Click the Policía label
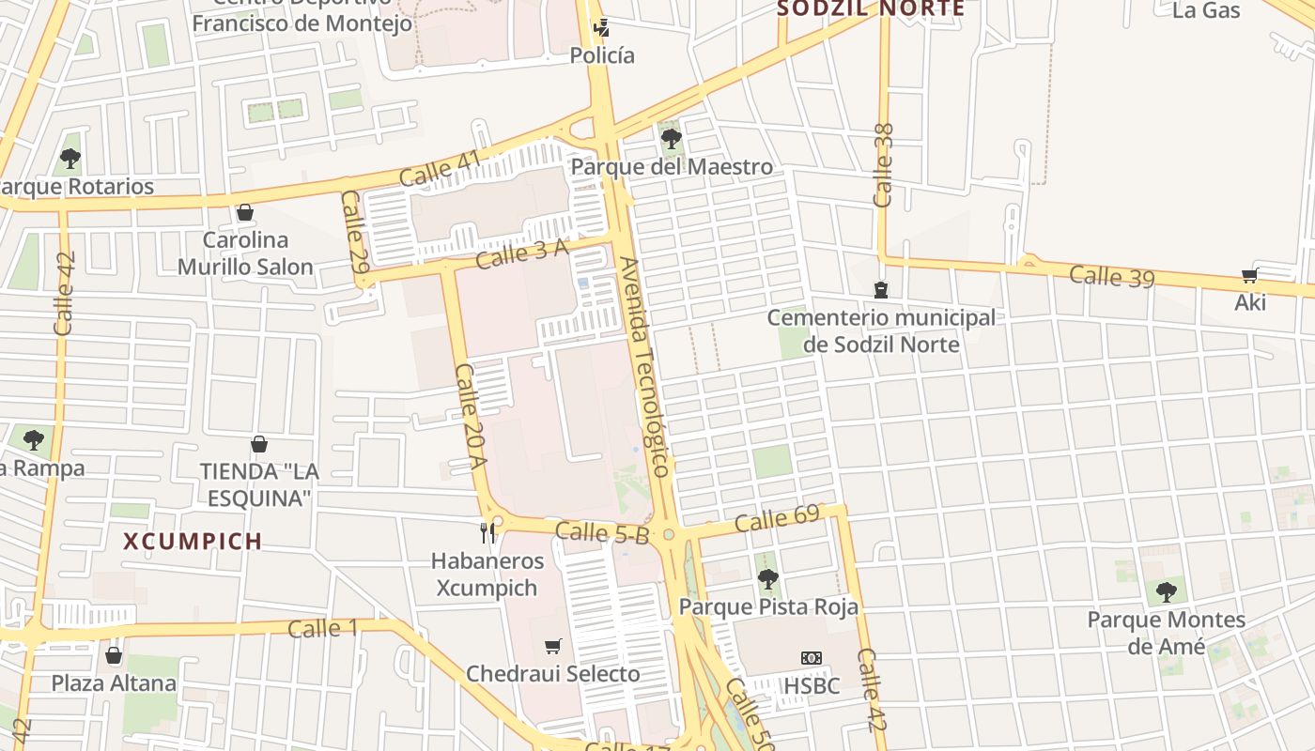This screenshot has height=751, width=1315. (x=602, y=55)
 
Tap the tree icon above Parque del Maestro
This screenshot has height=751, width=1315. (x=671, y=140)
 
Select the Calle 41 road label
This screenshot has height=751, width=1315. (x=441, y=168)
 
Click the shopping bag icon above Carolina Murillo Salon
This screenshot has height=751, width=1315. (x=245, y=213)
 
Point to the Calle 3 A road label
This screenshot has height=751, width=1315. (x=521, y=253)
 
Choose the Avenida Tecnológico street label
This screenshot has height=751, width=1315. (x=645, y=366)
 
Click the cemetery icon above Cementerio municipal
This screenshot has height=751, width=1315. (x=880, y=290)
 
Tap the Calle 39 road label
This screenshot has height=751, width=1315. (x=1111, y=276)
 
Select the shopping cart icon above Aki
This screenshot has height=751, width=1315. (x=1249, y=276)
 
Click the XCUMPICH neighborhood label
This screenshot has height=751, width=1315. (x=193, y=542)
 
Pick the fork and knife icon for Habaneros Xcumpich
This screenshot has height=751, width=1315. (x=487, y=533)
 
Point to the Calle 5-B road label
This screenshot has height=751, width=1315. (x=602, y=533)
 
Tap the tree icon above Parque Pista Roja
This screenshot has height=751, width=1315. (x=768, y=579)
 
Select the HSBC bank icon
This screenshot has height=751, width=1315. (x=811, y=658)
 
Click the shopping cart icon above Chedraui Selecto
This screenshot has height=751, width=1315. (x=553, y=646)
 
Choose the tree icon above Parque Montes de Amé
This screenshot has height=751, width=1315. (x=1166, y=591)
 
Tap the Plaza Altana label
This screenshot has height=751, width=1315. (x=114, y=682)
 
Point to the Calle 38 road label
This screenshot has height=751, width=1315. (x=883, y=165)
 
